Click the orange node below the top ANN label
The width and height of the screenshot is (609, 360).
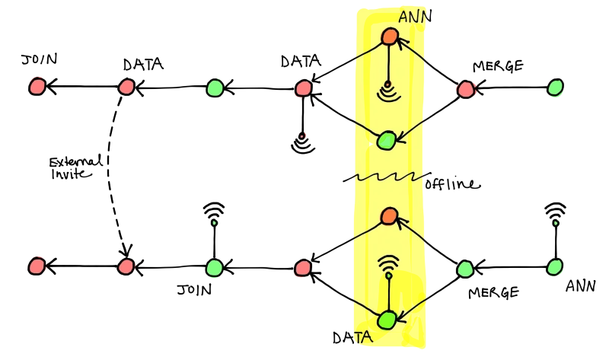(x=389, y=37)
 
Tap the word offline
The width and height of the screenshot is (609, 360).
(x=452, y=183)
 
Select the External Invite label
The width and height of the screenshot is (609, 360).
(x=76, y=167)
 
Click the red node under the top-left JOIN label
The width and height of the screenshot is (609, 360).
(x=37, y=86)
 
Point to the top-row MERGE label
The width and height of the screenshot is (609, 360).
(x=498, y=66)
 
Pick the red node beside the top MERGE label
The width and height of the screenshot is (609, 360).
(x=466, y=89)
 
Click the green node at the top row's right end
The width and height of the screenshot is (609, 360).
(x=555, y=88)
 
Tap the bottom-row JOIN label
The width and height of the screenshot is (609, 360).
(x=194, y=289)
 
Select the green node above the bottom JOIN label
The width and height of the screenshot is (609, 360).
(x=214, y=267)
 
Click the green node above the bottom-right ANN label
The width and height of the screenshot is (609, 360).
(x=555, y=267)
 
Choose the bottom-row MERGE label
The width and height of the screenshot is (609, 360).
(x=493, y=292)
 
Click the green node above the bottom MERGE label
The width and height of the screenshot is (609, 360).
(x=465, y=269)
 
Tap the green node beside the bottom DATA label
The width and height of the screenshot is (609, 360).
(x=387, y=320)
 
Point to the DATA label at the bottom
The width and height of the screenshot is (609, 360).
(x=352, y=338)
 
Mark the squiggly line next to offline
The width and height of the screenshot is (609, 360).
(x=387, y=177)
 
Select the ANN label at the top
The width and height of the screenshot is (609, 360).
(x=415, y=17)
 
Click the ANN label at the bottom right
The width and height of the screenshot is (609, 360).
(x=580, y=286)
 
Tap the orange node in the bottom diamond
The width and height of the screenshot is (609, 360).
(x=389, y=216)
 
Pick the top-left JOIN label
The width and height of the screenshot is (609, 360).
(x=40, y=59)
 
